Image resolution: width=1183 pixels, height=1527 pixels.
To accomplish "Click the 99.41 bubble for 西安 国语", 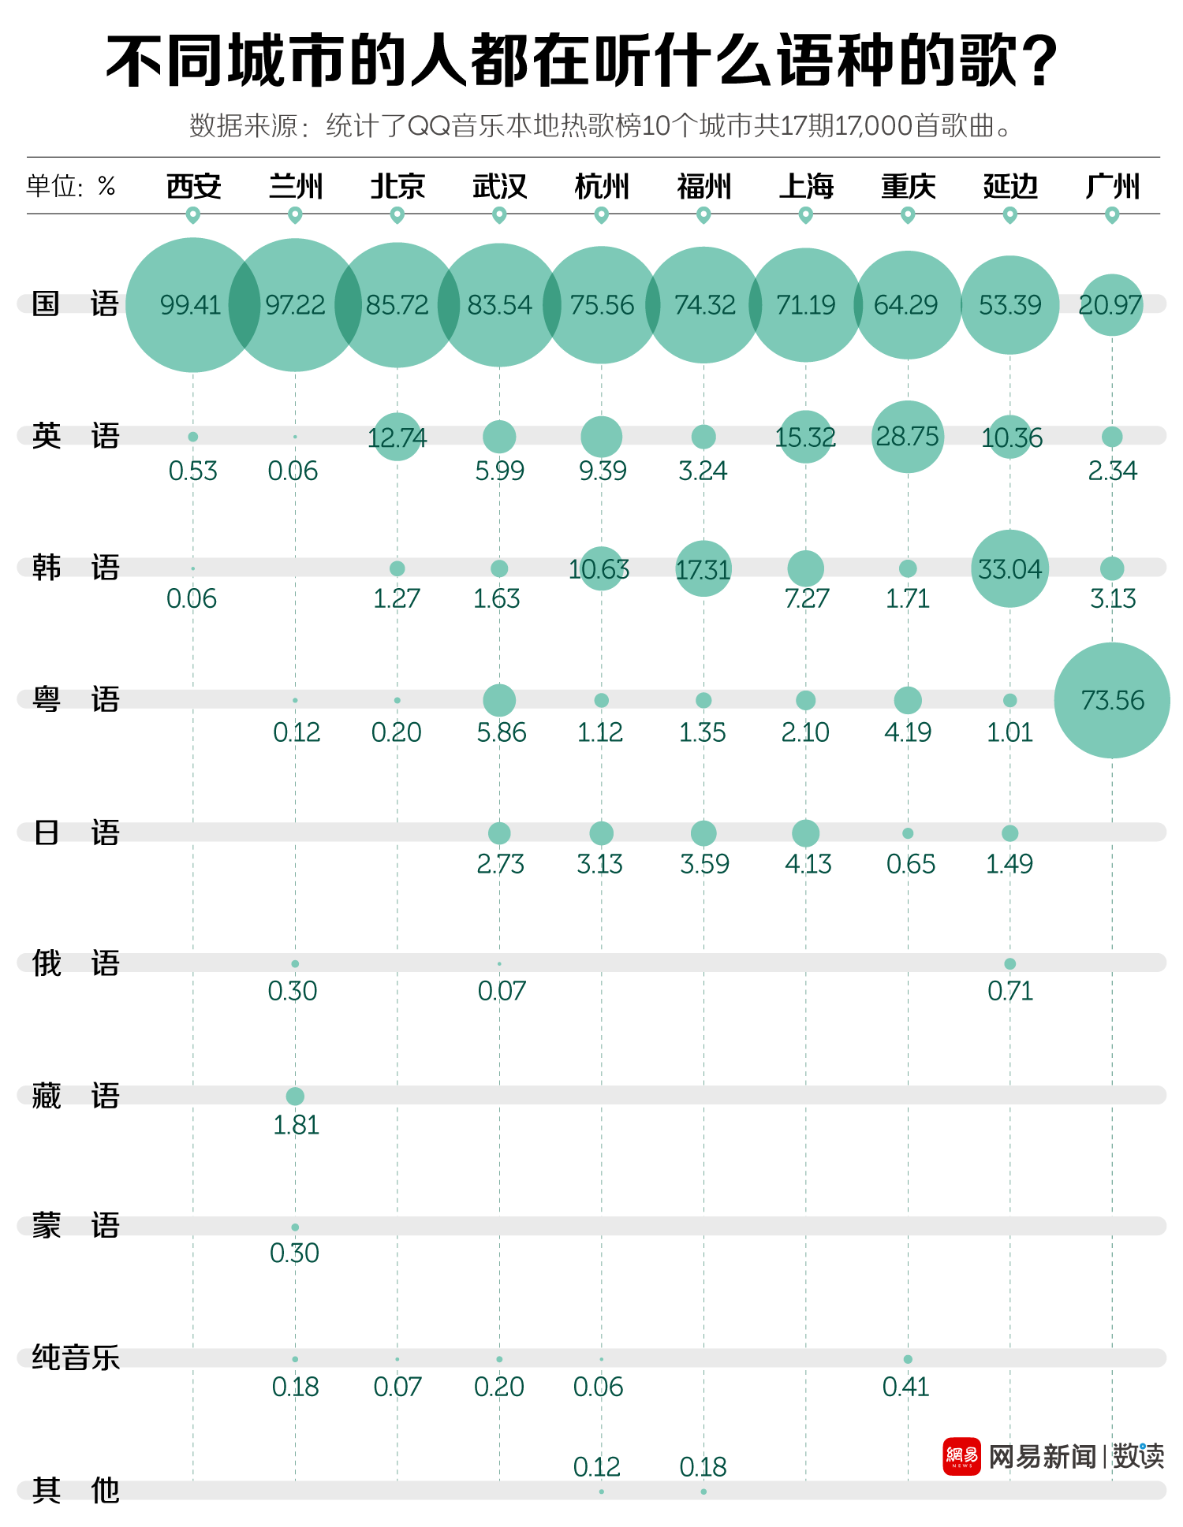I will coord(192,304).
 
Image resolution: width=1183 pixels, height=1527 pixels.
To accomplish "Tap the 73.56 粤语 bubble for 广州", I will coord(1112,700).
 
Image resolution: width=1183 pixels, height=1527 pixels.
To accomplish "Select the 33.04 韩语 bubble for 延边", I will coord(1009,568).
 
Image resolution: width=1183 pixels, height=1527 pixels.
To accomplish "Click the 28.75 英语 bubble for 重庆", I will coord(908,437).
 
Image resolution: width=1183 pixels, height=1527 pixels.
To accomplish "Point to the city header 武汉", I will coord(499,187).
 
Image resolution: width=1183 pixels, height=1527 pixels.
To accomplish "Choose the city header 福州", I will coord(703,187).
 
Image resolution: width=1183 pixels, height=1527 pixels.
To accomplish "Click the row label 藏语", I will coord(75,1096).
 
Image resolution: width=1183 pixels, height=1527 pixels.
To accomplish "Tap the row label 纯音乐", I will coord(75,1358).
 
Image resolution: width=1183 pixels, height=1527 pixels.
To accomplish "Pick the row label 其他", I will coord(75,1490).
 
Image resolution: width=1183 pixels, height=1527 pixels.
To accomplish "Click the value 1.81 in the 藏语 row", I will coord(296,1125).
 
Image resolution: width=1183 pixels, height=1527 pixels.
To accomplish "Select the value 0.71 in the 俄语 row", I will coord(1010,991).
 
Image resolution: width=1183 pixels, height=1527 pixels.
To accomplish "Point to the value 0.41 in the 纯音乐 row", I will coord(906,1387).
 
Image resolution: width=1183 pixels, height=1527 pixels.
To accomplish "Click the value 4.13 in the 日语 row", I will coord(808,864).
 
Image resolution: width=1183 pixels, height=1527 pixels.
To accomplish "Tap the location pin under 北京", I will coord(397,214).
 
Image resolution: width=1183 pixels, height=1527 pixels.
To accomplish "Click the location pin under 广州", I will coord(1112,214).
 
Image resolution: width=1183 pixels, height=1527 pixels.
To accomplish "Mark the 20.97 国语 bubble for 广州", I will coord(1111,304).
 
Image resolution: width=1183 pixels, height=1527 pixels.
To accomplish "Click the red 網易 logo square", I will coord(961,1456).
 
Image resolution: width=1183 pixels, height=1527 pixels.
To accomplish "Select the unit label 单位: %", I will coord(71,187).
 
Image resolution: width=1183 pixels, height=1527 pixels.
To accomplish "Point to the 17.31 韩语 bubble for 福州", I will coord(703,568).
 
